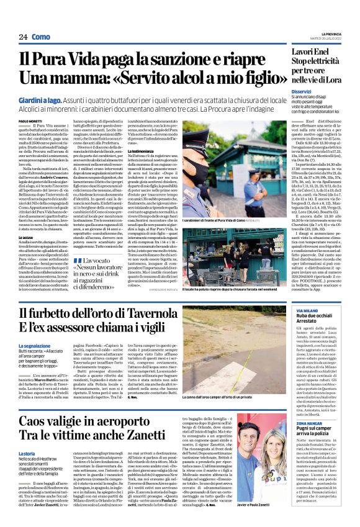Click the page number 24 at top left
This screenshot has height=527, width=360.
22,37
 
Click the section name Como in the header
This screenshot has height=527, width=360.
41,37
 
